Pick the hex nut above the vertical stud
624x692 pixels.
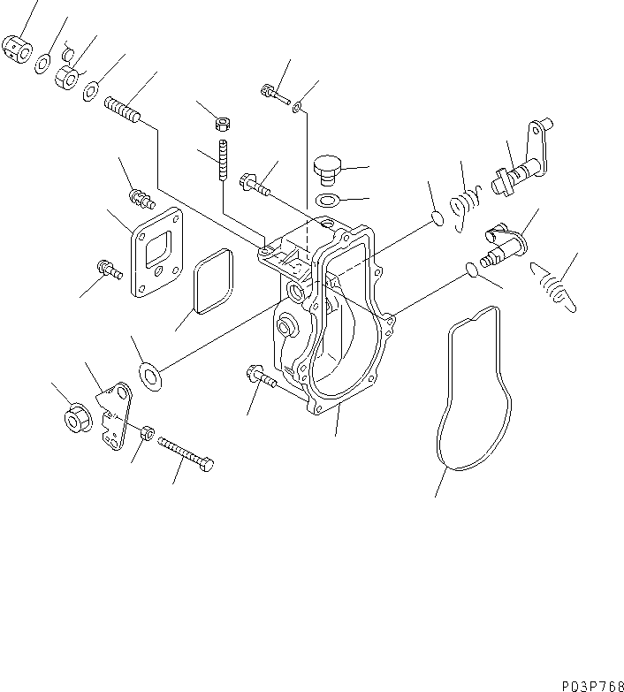pyautogui.click(x=224, y=125)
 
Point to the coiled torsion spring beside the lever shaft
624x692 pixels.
pyautogui.click(x=464, y=206)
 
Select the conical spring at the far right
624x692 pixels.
pyautogui.click(x=553, y=287)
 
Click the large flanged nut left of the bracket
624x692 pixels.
pyautogui.click(x=75, y=418)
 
